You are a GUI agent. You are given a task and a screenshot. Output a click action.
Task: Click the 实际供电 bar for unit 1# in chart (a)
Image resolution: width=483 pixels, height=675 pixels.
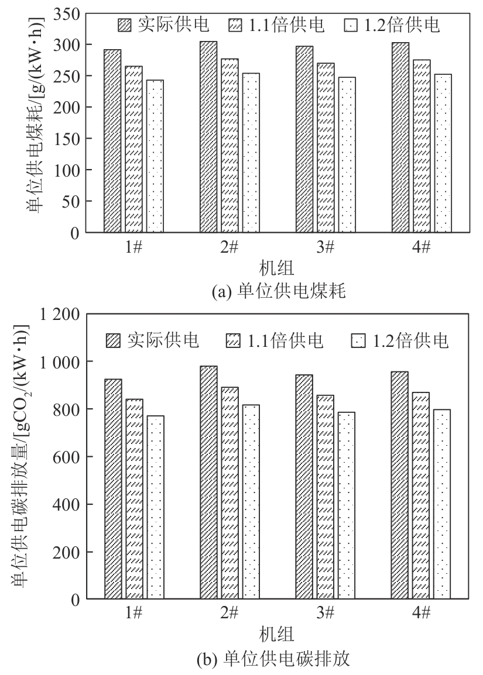(x=112, y=141)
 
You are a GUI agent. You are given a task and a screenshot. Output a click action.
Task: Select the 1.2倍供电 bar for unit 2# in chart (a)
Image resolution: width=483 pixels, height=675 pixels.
(x=251, y=153)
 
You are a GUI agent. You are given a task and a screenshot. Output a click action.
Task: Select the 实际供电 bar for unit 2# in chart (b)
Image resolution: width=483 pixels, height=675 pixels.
(x=209, y=483)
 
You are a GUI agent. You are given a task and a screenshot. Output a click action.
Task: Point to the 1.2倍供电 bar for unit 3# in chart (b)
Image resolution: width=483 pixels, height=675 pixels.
(x=347, y=505)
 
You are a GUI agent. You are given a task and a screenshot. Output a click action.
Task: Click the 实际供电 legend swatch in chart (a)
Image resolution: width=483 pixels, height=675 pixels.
(x=125, y=25)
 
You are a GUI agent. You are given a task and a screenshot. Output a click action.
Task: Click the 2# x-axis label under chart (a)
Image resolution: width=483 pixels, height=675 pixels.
(x=229, y=247)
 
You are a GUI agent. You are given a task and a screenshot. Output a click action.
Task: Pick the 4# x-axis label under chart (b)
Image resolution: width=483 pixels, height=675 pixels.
(x=421, y=614)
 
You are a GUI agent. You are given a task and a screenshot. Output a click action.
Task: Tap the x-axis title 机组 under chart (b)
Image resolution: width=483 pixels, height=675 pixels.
(x=277, y=634)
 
